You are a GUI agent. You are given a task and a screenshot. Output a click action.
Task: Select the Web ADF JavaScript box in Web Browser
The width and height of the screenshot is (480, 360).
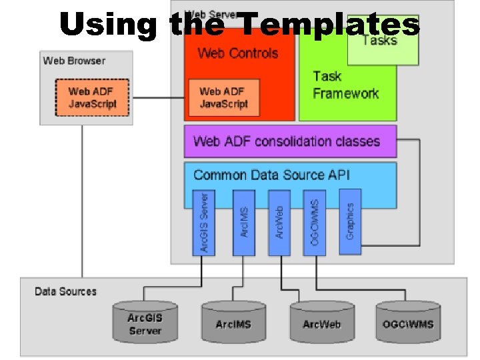tap(92, 97)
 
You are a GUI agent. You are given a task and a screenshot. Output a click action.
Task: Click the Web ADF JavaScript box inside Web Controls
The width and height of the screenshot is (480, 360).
tap(223, 97)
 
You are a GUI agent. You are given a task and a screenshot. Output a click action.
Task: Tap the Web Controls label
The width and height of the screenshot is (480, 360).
tap(238, 53)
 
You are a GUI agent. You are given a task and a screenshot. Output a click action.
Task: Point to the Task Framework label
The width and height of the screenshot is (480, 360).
tap(345, 85)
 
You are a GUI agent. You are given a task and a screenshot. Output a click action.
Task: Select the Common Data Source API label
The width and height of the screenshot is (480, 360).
tap(271, 175)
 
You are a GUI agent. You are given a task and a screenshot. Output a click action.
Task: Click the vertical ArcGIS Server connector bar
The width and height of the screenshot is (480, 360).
tap(204, 223)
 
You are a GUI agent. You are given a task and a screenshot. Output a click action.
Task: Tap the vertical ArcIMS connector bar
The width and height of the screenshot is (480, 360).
tap(244, 223)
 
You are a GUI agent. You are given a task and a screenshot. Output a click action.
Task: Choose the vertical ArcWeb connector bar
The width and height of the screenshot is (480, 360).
tap(279, 223)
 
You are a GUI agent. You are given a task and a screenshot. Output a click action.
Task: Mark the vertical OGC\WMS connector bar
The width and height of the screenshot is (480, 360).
tap(315, 223)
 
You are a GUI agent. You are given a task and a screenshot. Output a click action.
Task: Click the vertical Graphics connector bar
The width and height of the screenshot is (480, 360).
tap(350, 221)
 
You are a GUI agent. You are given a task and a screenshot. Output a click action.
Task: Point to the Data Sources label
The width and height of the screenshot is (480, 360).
tap(65, 291)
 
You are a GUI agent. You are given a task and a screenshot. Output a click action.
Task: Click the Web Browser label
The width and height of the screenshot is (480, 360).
tap(74, 61)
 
